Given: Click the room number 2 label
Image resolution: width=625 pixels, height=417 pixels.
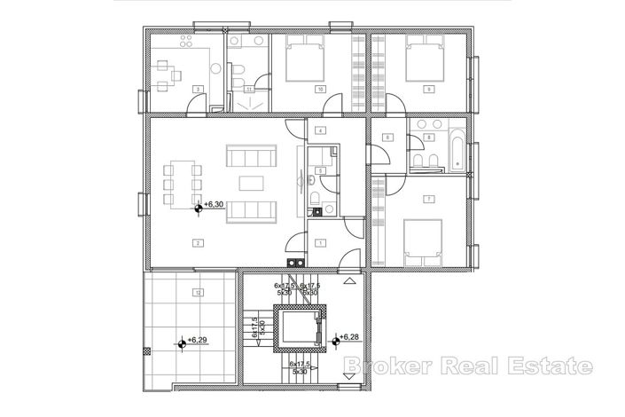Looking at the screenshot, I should [196, 241].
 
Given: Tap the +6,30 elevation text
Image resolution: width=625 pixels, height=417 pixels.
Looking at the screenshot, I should [213, 205].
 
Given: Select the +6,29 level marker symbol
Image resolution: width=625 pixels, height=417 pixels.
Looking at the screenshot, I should [182, 340].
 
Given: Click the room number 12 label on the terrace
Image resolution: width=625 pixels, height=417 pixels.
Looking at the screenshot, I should [199, 292].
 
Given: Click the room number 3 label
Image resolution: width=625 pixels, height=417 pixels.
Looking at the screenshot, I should [198, 89].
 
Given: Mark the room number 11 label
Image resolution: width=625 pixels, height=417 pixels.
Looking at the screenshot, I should [249, 90].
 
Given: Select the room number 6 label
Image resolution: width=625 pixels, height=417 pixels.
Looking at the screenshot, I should [387, 138].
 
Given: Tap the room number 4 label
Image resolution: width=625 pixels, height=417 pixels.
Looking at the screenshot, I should [319, 131].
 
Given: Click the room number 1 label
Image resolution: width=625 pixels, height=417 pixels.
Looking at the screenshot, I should [319, 241].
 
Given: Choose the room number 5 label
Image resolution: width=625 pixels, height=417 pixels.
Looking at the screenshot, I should [319, 169].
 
